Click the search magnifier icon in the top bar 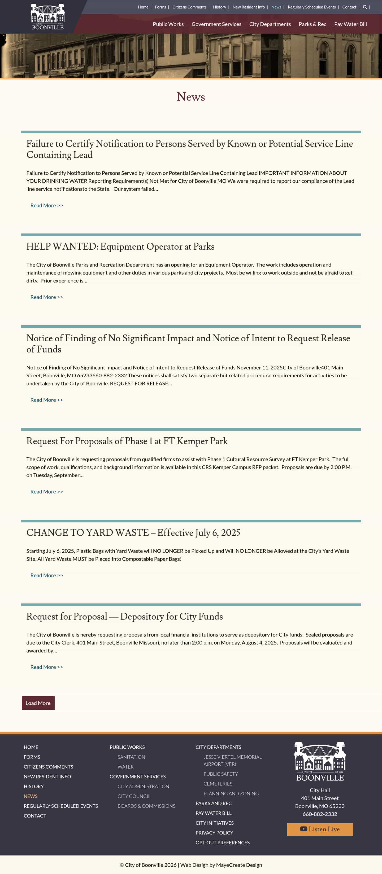365,7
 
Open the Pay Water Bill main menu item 350,24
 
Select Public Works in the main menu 168,24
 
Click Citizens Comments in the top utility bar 189,7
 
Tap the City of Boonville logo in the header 47,17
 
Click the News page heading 191,97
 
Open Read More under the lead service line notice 46,205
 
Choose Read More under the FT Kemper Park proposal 46,491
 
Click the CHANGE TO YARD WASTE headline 133,532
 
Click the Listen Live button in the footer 319,829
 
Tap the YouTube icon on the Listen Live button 303,829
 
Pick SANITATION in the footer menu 131,757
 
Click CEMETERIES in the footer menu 218,783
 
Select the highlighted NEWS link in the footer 31,796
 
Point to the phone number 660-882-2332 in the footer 319,814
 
